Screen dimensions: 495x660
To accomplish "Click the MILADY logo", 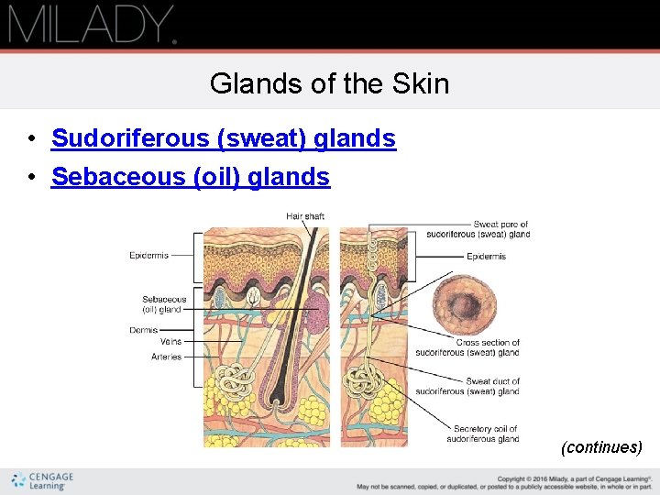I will tap(92, 25).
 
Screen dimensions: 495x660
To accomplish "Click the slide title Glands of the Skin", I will tap(329, 84).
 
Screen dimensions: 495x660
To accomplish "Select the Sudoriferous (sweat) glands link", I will tap(223, 138).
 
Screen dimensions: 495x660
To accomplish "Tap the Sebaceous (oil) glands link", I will tap(190, 176).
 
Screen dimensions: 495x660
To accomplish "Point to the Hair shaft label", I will tap(305, 216).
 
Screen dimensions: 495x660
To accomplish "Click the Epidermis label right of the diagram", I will tap(486, 257).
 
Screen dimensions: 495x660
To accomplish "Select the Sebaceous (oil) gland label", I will tap(164, 304).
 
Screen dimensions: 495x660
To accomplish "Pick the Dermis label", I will tap(143, 330).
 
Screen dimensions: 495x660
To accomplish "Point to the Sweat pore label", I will tap(478, 229).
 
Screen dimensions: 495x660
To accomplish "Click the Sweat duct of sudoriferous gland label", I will tap(467, 386).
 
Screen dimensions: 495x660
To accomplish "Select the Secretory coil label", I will tap(483, 434).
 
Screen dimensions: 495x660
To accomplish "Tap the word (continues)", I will tap(601, 447).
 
